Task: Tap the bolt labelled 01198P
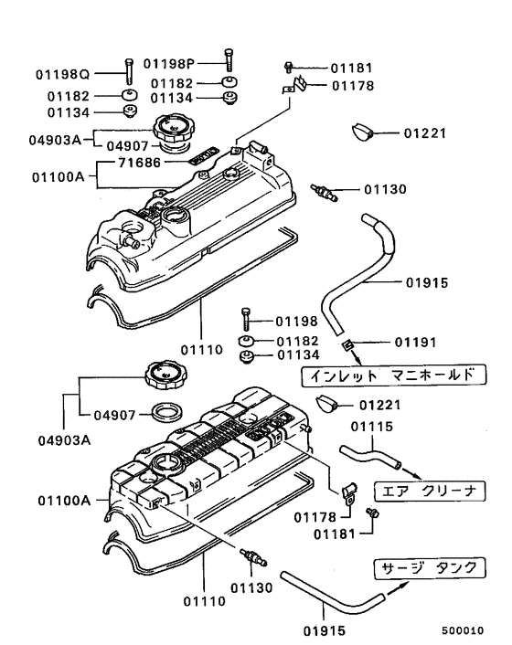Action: (x=226, y=59)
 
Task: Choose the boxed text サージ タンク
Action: (x=428, y=568)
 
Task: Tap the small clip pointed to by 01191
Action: (x=347, y=344)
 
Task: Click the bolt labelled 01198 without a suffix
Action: (x=246, y=320)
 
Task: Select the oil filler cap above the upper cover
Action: (x=175, y=128)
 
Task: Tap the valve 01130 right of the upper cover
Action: (x=325, y=192)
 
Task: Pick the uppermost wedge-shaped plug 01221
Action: (x=363, y=132)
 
